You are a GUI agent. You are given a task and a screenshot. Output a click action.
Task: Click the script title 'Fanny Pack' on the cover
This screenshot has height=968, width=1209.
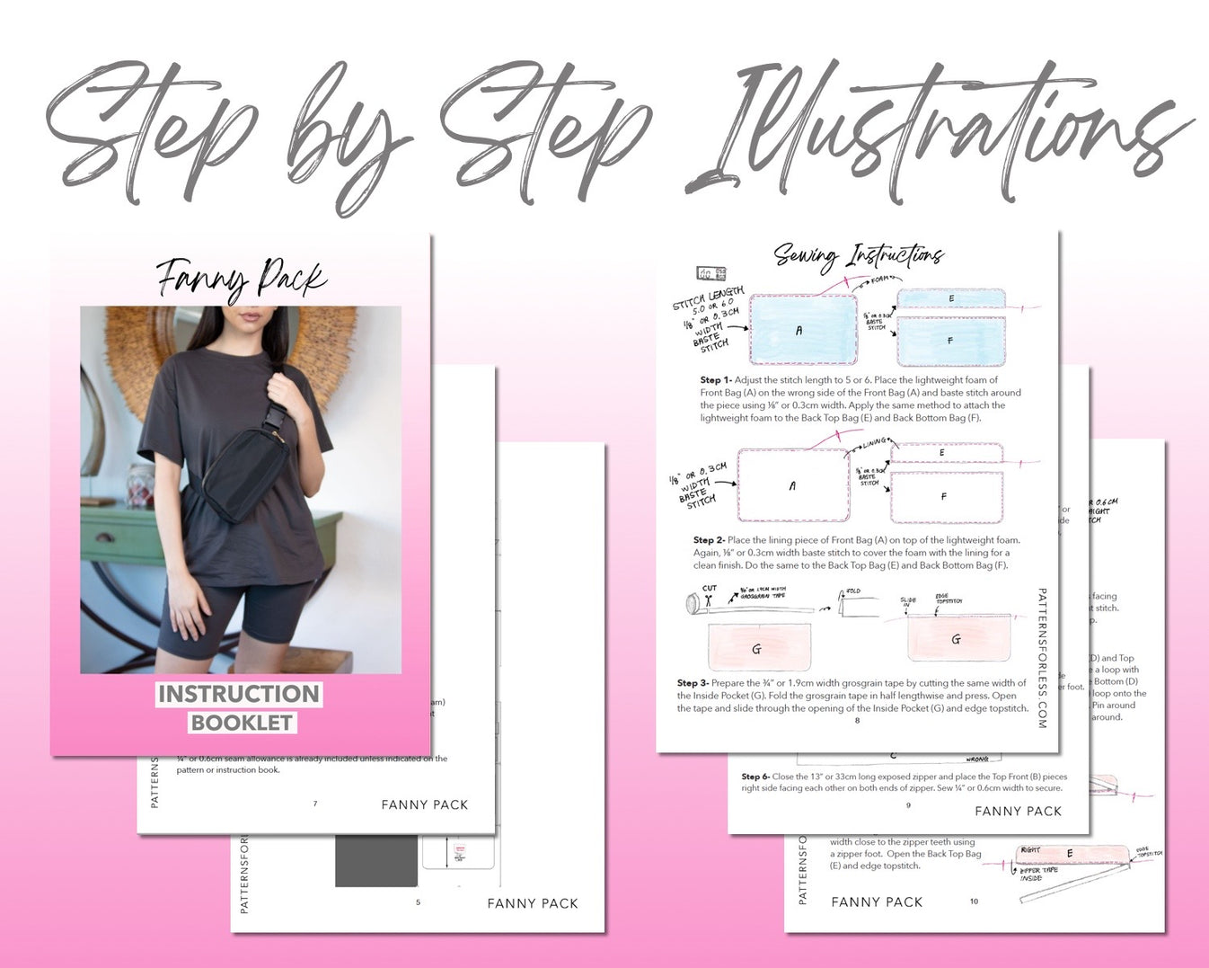pyautogui.click(x=241, y=279)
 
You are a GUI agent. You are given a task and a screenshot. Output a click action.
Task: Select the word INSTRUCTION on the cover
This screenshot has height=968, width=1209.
pyautogui.click(x=239, y=694)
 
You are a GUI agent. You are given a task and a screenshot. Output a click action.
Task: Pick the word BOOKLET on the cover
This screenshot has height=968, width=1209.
pyautogui.click(x=242, y=723)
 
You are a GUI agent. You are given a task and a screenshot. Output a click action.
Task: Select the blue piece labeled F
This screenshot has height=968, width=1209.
pyautogui.click(x=950, y=341)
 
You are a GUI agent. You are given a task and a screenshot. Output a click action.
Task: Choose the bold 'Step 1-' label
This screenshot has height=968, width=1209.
pyautogui.click(x=716, y=380)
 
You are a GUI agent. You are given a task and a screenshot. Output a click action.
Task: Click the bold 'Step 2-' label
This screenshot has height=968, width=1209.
pyautogui.click(x=709, y=540)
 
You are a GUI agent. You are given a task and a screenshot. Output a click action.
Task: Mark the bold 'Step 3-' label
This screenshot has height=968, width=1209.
pyautogui.click(x=693, y=683)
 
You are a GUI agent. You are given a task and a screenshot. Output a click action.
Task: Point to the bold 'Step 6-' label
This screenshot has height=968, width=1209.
pyautogui.click(x=755, y=777)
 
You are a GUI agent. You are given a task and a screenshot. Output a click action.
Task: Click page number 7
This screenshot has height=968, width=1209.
pyautogui.click(x=315, y=804)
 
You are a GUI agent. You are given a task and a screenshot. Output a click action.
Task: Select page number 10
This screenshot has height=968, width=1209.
pyautogui.click(x=974, y=901)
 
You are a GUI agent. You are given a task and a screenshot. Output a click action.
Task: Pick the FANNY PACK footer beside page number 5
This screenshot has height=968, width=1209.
pyautogui.click(x=533, y=903)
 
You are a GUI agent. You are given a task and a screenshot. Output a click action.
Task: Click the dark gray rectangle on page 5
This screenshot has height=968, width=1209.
pyautogui.click(x=376, y=860)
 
